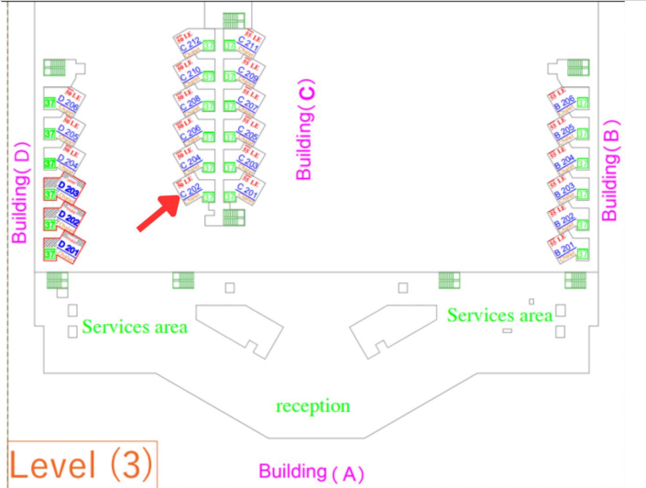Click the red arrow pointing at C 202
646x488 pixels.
[157, 213]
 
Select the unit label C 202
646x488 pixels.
[191, 192]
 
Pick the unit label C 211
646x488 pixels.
[247, 42]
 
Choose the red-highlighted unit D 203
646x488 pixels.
[69, 192]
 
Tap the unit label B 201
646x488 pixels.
[564, 249]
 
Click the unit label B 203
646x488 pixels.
[564, 190]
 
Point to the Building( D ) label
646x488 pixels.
[17, 192]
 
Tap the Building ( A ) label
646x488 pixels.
[311, 472]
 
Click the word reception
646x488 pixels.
[312, 406]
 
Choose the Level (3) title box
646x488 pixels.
[81, 464]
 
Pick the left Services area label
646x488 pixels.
[135, 327]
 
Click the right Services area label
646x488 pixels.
[499, 316]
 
